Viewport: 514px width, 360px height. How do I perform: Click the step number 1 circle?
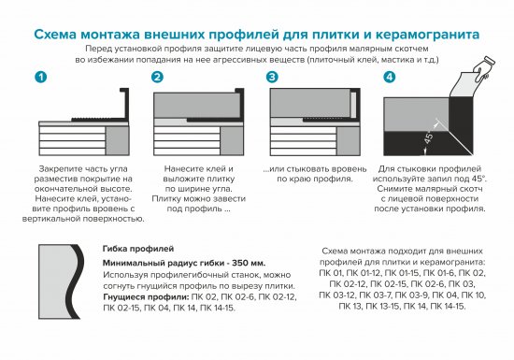tap(38, 76)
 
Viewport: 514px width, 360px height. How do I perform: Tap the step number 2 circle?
tap(157, 76)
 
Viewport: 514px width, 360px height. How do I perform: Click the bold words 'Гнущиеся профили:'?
tap(136, 295)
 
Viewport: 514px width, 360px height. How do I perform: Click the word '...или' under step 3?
tap(278, 169)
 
